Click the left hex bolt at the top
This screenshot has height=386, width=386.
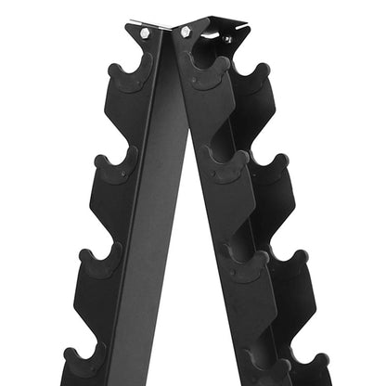tap(145, 32)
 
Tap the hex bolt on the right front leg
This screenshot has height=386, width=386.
tap(186, 32)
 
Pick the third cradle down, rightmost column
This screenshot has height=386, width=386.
tap(289, 264)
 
